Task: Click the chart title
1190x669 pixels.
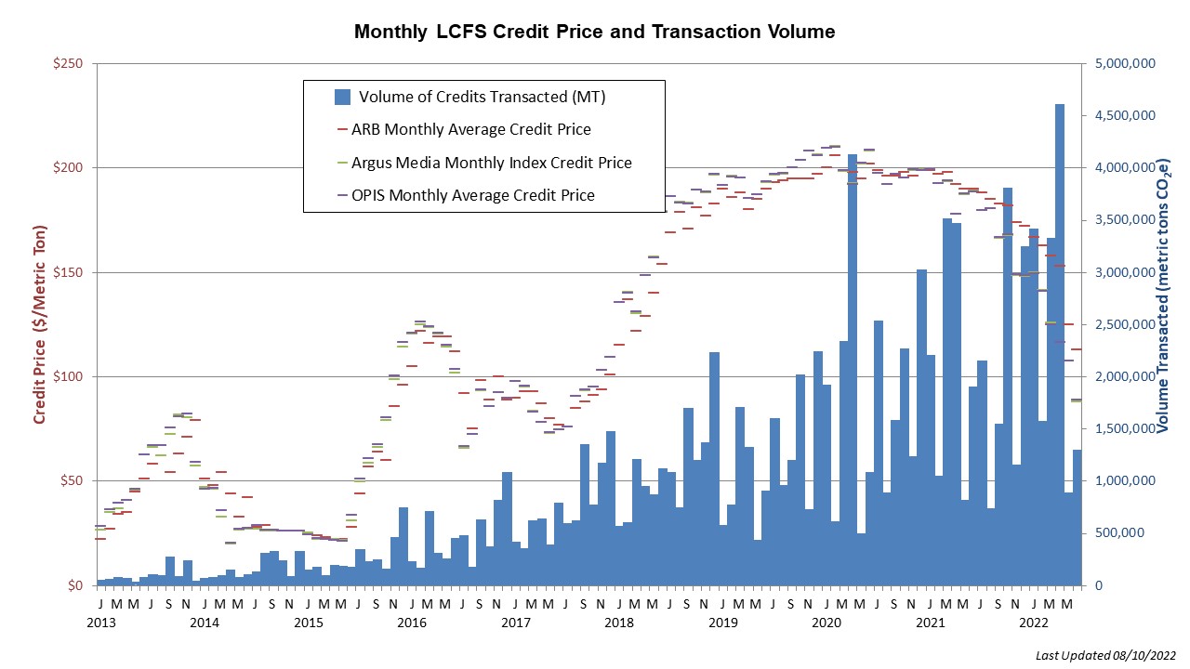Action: [x=595, y=32]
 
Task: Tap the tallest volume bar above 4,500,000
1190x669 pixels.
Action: [x=1060, y=344]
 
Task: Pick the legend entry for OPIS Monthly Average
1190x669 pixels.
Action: [x=476, y=195]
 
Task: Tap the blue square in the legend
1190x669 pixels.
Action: [x=342, y=96]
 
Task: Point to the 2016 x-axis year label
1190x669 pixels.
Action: [x=413, y=622]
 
